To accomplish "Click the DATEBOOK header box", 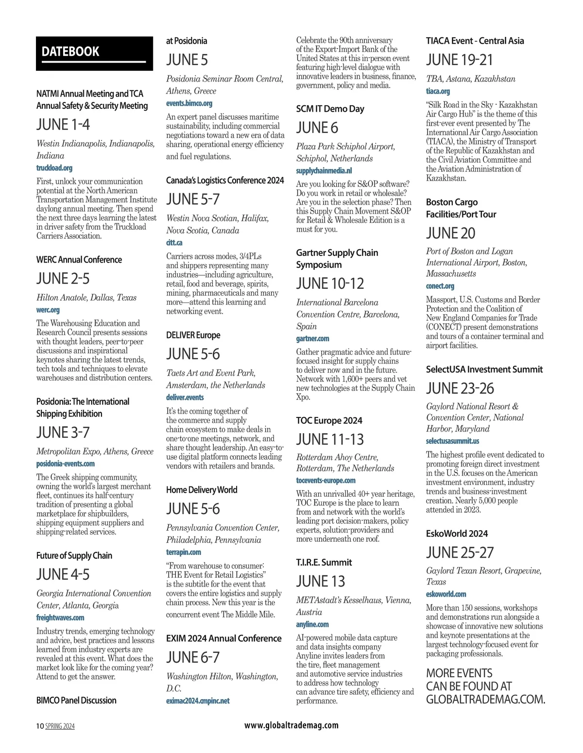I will (94, 53).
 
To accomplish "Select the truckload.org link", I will (54, 168).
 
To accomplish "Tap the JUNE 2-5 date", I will (63, 279).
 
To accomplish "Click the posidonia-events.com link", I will (66, 464).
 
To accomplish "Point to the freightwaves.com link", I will (60, 618).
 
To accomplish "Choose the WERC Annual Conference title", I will (79, 260).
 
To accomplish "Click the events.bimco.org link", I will (189, 103).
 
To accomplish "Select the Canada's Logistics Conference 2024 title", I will (225, 181).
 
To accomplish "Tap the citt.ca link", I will (174, 242).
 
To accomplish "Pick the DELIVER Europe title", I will (193, 335).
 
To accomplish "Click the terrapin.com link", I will (184, 552).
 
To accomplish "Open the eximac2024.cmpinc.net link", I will (198, 701).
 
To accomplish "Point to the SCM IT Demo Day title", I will (330, 109).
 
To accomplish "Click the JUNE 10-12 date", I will (330, 284).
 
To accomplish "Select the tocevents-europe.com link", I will (326, 480).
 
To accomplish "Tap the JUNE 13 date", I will (321, 581).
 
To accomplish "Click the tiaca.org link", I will (438, 91).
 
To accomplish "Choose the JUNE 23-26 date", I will (460, 388).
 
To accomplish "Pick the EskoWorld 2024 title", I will (457, 534).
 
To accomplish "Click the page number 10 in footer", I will (40, 726).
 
